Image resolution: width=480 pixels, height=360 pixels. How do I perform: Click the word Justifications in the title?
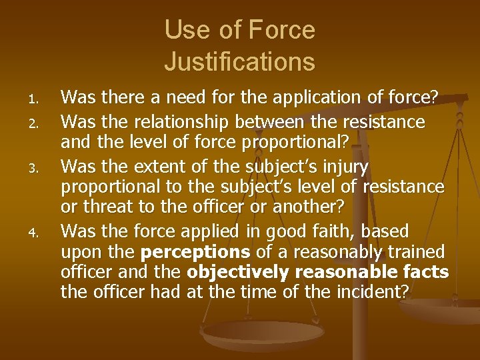[239, 62]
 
